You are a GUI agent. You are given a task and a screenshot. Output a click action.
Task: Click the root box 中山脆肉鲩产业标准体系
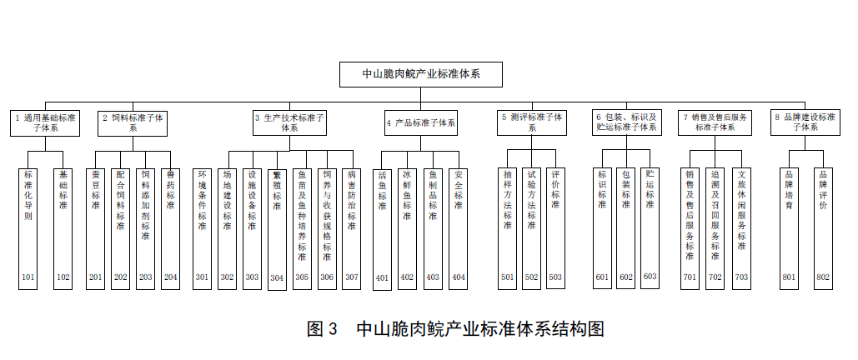tap(420, 74)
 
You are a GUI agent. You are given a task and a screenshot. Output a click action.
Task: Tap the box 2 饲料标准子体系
tap(133, 122)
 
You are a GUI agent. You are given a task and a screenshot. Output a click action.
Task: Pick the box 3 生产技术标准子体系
tap(289, 122)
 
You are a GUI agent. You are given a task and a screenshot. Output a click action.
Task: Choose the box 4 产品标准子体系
tap(420, 122)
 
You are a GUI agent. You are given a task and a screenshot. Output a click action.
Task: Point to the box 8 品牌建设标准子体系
tap(803, 122)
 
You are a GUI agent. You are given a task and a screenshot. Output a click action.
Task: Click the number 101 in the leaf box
tap(28, 276)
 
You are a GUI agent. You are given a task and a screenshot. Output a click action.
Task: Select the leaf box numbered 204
tap(170, 220)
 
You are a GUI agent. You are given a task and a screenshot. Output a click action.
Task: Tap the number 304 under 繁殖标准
tap(277, 277)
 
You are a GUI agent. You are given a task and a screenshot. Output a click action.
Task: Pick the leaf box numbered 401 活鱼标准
tap(382, 220)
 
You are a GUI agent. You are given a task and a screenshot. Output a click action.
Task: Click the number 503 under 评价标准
tap(555, 276)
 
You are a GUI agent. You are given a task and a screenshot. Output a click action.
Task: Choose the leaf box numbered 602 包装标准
tap(626, 220)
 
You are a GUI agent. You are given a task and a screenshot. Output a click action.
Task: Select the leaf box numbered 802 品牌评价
tap(823, 220)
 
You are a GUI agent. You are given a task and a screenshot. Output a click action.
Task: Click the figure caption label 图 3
tap(321, 328)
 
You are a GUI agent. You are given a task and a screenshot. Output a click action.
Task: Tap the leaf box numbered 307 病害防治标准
tap(351, 220)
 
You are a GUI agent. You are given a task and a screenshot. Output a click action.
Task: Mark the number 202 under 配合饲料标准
tap(120, 276)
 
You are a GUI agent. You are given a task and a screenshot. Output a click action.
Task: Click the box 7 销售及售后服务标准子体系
tap(714, 122)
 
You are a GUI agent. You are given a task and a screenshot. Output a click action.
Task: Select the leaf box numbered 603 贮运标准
tap(650, 220)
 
